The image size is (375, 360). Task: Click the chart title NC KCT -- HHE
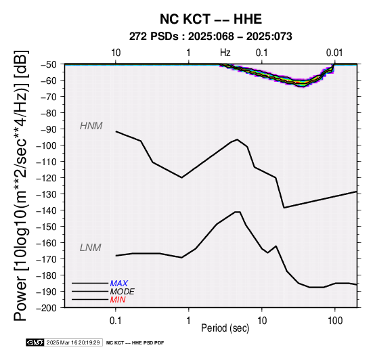tap(211, 19)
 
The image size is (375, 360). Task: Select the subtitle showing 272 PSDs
tap(211, 37)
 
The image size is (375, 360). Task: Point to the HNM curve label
tap(91, 126)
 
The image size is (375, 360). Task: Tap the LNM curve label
tap(91, 248)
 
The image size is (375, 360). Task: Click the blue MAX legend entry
tap(119, 284)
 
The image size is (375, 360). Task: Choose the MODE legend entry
tap(123, 292)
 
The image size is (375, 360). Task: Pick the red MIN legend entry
tap(118, 300)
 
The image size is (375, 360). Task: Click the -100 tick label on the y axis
tap(47, 145)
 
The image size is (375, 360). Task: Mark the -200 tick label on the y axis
tap(47, 308)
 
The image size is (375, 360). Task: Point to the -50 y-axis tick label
tap(49, 64)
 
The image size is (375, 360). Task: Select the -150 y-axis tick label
tap(47, 227)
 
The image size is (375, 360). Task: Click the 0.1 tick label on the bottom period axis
tap(116, 321)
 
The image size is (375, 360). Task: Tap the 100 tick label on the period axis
tap(335, 321)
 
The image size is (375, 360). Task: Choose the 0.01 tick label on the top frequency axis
tap(334, 53)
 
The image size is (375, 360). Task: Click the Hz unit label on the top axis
tap(225, 53)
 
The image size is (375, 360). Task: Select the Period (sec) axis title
tap(225, 328)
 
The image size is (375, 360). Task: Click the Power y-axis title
tap(21, 185)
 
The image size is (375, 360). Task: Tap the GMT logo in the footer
tap(35, 342)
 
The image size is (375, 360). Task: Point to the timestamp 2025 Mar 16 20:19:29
tap(73, 342)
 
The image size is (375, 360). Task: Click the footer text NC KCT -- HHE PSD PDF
tap(135, 343)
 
